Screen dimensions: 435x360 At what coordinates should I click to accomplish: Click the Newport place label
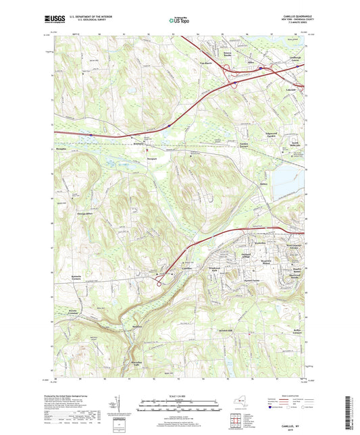click(152, 159)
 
